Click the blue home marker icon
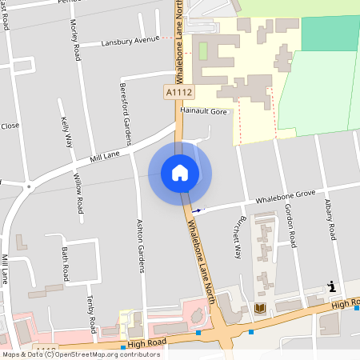coord(180,172)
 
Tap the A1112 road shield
coord(179,94)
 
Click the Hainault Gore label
coord(204,112)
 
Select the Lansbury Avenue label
coord(131,41)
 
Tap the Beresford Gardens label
coord(124,108)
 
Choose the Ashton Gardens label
coord(141,246)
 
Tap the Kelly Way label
coord(66,132)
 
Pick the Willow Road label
coord(78,193)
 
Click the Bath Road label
coord(66,260)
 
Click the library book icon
coord(259,308)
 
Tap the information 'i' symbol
coord(331,286)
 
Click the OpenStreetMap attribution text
coord(81,354)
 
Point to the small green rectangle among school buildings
coord(202,51)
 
